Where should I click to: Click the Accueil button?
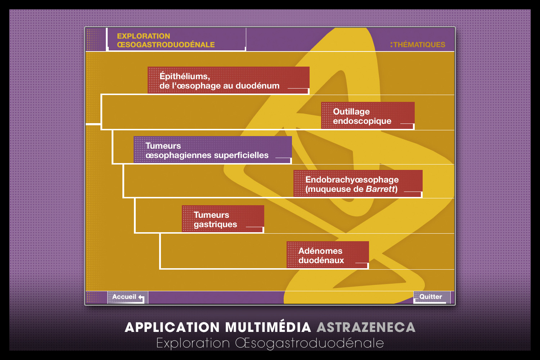click(126, 297)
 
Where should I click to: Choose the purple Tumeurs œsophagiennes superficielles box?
click(212, 150)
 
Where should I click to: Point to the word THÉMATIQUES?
click(419, 45)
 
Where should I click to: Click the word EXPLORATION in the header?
click(143, 36)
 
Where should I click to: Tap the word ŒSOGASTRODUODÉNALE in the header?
click(166, 45)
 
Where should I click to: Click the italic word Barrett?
click(381, 189)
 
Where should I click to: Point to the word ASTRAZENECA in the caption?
click(366, 327)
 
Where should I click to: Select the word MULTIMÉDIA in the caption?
click(268, 327)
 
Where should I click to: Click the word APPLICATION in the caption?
click(172, 327)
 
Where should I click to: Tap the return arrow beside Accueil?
click(141, 298)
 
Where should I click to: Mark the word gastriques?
click(215, 224)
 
